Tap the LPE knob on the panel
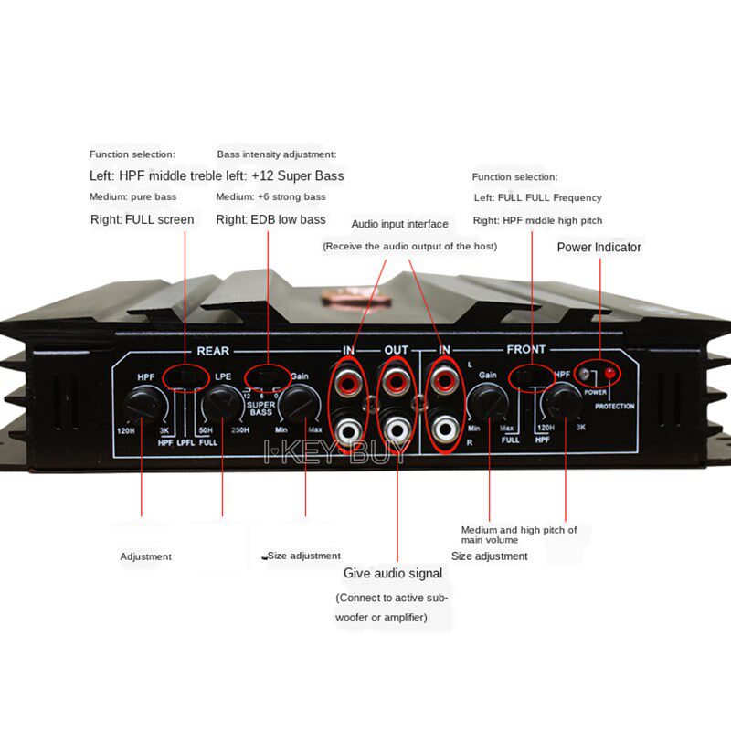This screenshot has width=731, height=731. tap(220, 402)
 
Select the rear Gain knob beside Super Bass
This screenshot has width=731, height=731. tap(297, 402)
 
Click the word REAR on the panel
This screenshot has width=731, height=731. tap(213, 350)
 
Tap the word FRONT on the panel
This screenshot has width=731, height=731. tap(525, 350)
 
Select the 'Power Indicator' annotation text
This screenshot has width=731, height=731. tap(599, 247)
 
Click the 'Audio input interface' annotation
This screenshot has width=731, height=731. tap(399, 224)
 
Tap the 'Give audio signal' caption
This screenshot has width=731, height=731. tap(393, 573)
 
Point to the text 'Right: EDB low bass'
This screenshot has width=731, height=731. tap(270, 219)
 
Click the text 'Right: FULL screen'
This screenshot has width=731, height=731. tap(142, 219)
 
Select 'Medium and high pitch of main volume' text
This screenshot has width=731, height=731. tap(518, 535)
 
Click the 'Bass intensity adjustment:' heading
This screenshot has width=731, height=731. tap(276, 154)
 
